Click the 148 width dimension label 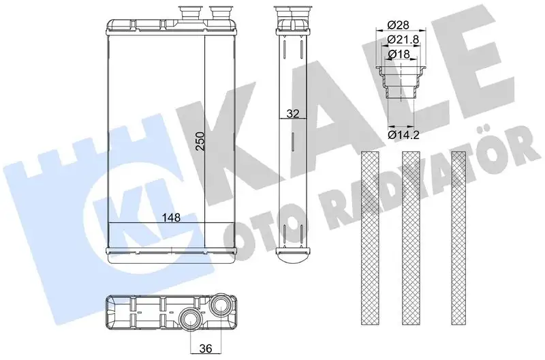click(172, 217)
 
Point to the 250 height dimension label click(200, 140)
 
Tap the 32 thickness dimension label click(293, 114)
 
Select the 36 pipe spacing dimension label click(206, 348)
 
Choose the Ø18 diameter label click(399, 55)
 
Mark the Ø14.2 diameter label click(403, 134)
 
